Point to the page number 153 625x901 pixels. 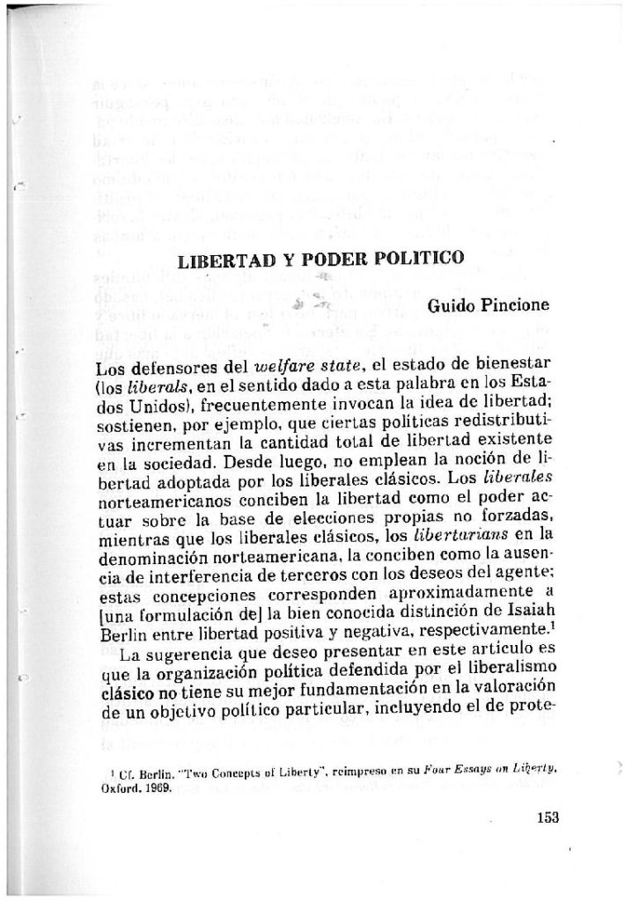pyautogui.click(x=548, y=816)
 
